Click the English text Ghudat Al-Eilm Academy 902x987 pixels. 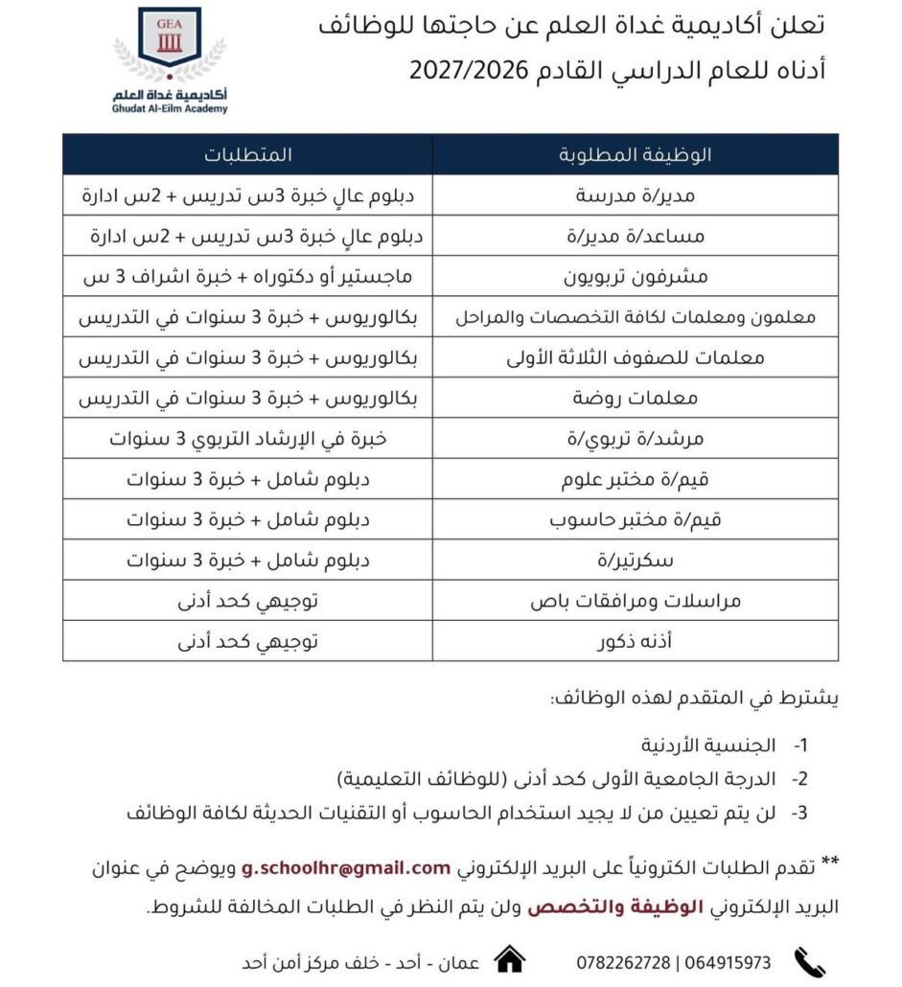pos(169,110)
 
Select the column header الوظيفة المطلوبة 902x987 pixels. pos(634,154)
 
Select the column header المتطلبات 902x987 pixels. pos(247,154)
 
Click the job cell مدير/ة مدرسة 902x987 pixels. pos(634,195)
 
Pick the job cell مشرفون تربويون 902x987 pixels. pos(634,277)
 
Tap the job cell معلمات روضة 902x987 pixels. pos(634,398)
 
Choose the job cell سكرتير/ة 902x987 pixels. pos(634,559)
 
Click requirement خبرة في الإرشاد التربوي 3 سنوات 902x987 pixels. pos(247,438)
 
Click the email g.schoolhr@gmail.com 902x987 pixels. pos(346,867)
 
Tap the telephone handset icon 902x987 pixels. pos(811,960)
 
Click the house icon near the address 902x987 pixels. pos(509,959)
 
